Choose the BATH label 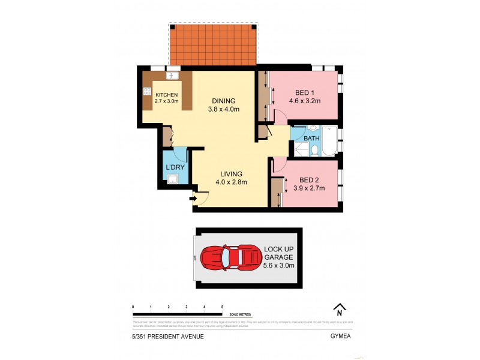(x=311, y=139)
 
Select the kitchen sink (x=172, y=76)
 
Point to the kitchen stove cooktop (x=147, y=92)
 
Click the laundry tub (x=173, y=178)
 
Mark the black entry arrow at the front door (x=193, y=198)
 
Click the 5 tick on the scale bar (x=223, y=307)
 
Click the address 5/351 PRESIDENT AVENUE (x=168, y=337)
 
